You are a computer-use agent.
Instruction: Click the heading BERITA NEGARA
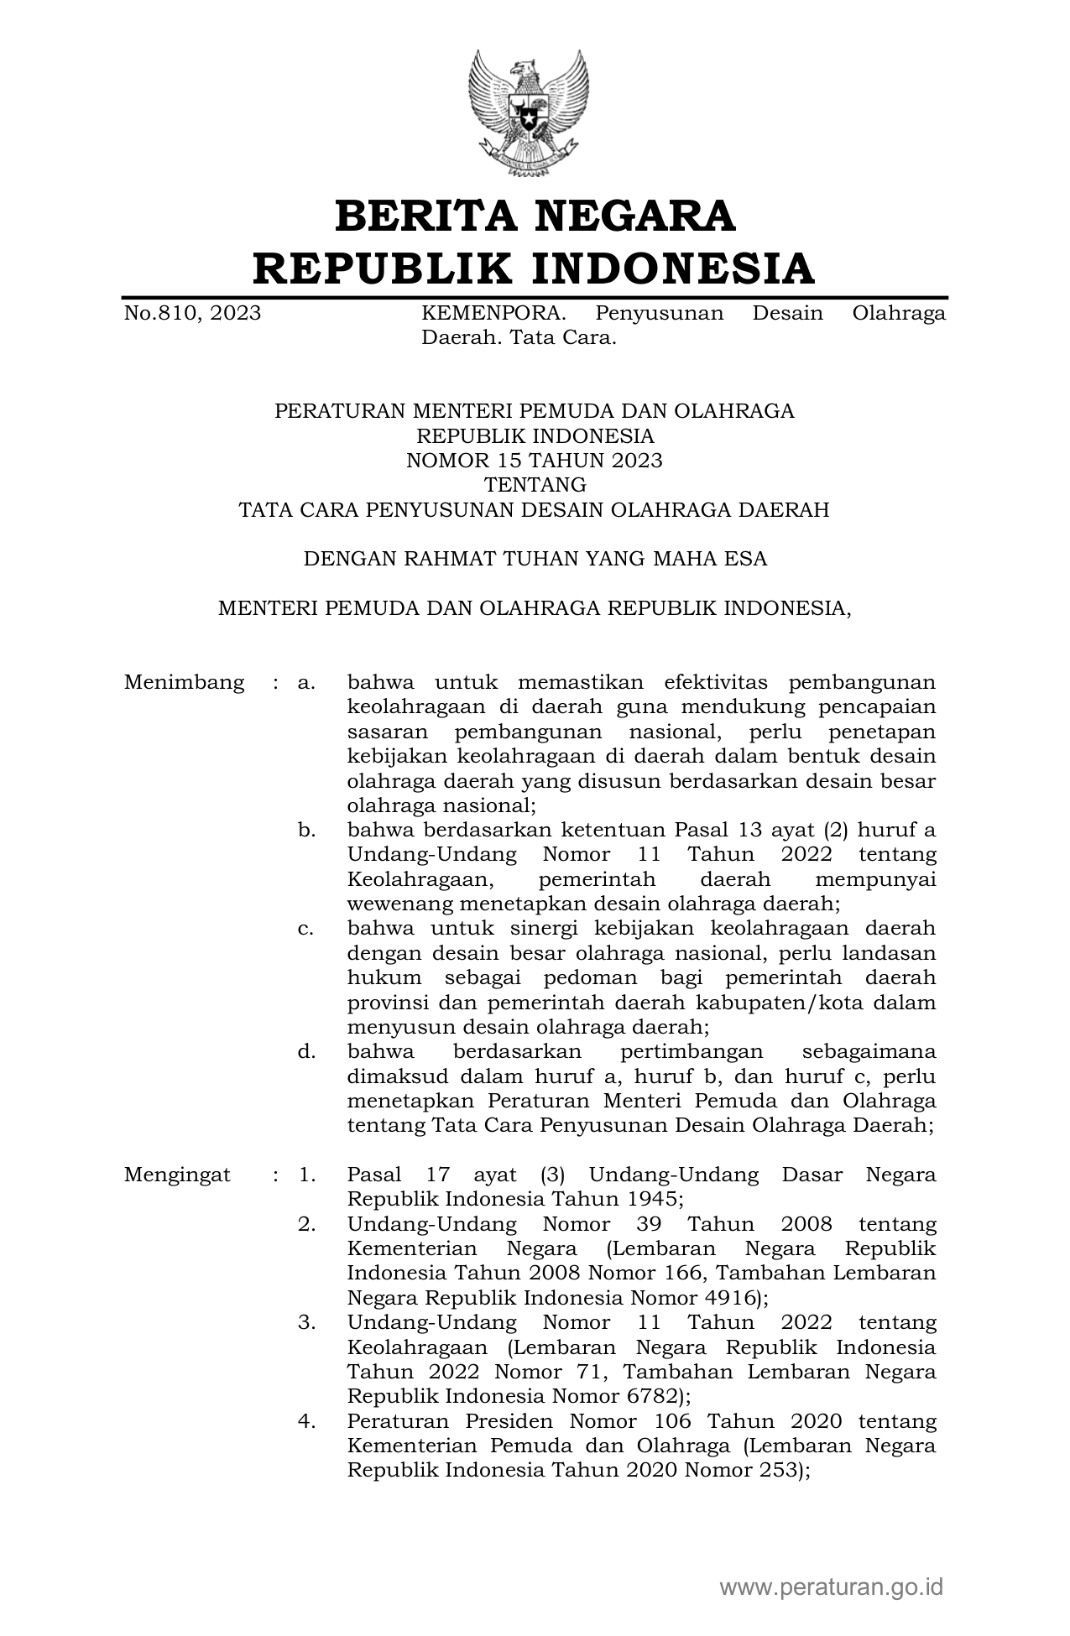(535, 216)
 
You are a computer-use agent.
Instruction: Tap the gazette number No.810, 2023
(192, 314)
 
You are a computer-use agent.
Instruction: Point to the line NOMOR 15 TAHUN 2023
(535, 461)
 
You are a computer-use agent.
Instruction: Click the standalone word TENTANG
(535, 485)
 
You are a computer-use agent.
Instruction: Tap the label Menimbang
(185, 682)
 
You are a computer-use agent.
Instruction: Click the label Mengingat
(177, 1175)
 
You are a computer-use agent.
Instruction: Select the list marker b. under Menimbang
(306, 831)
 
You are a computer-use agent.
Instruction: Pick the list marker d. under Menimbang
(306, 1052)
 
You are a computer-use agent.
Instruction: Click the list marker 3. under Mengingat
(306, 1322)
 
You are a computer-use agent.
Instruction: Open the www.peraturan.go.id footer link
(831, 1587)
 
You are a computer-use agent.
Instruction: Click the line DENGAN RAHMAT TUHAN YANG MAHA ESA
(535, 559)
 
